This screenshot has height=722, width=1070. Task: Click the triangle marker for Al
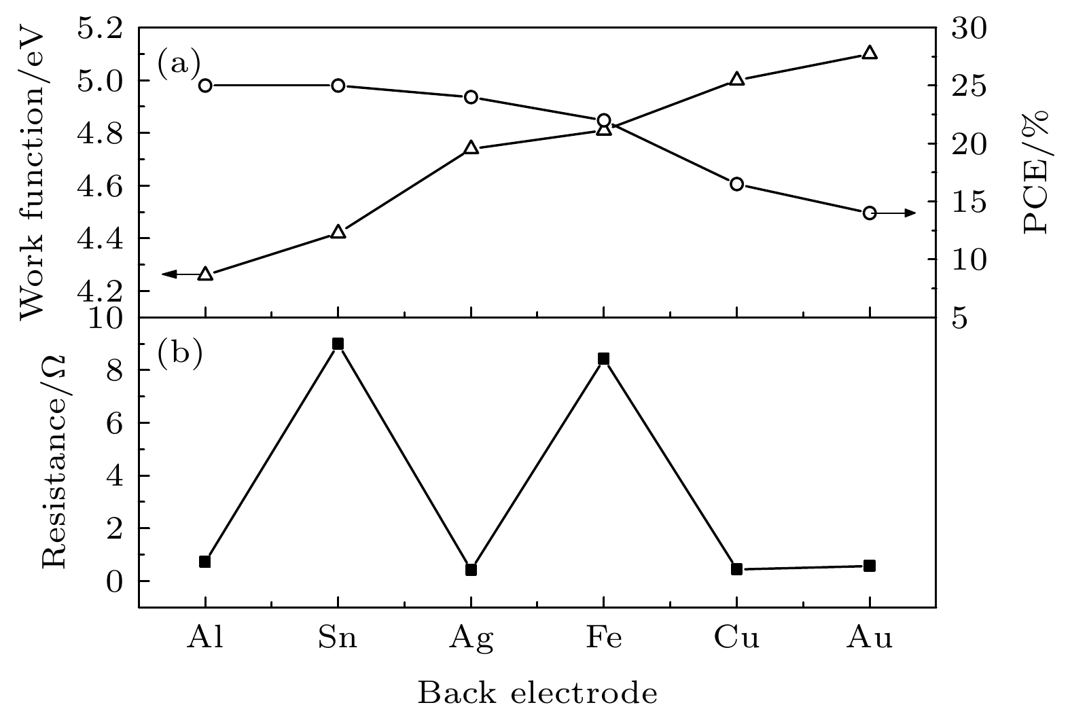205,274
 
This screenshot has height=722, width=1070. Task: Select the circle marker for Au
870,213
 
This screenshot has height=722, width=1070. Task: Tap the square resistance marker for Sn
338,344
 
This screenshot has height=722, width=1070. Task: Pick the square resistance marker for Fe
604,359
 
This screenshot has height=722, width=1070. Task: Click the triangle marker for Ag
471,147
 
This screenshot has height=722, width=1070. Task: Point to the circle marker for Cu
736,184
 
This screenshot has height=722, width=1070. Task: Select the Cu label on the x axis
736,638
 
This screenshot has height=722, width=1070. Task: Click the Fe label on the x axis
604,638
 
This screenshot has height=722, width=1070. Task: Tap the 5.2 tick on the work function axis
101,29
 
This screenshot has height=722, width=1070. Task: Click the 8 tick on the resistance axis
115,371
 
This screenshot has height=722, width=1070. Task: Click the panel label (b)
180,355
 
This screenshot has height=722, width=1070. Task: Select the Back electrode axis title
537,693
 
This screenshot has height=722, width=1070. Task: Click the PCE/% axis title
1035,172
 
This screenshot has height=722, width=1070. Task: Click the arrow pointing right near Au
896,213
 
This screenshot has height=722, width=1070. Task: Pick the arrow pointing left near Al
181,274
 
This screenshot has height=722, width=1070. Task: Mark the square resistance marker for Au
870,566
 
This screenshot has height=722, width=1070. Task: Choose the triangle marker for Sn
338,232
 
